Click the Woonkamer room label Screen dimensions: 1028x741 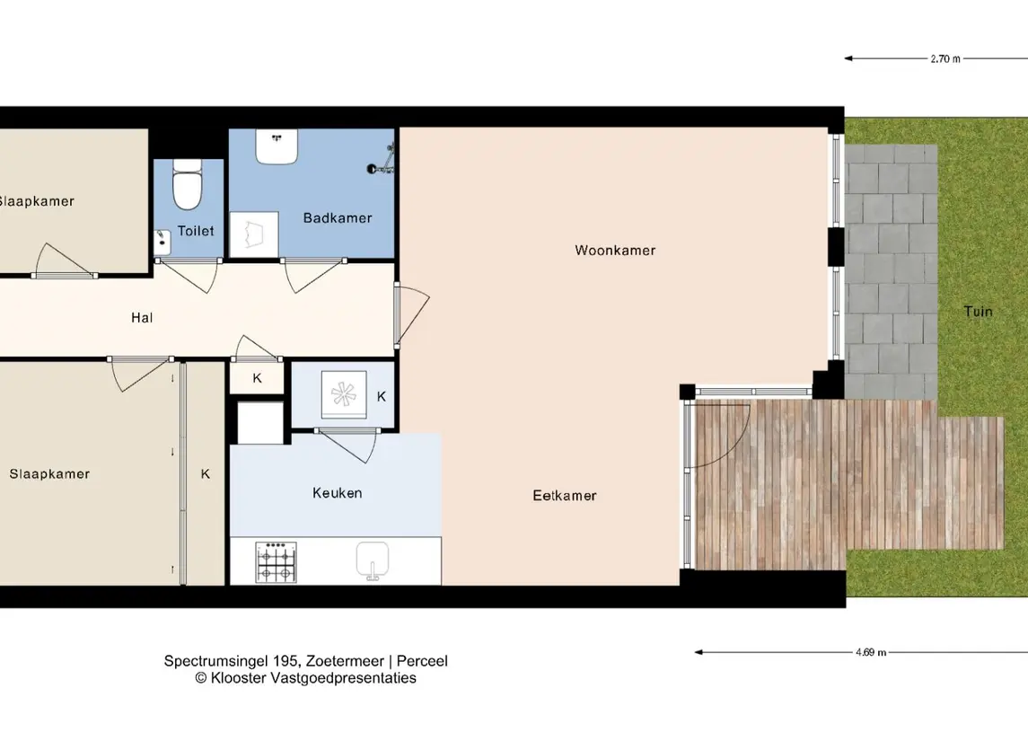click(615, 250)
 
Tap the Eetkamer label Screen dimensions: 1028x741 click(565, 496)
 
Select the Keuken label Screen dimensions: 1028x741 click(337, 493)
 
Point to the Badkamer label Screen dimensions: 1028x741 click(337, 217)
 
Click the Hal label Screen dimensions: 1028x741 click(142, 318)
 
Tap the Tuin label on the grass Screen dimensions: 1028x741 click(979, 312)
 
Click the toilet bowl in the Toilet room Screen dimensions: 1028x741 click(187, 184)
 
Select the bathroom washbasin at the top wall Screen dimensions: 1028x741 click(277, 146)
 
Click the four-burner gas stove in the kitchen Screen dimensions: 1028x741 click(276, 562)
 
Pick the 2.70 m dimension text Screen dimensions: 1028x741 click(945, 58)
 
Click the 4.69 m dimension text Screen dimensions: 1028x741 click(871, 652)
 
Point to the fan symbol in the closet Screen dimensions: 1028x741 click(344, 395)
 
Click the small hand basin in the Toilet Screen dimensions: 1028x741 click(162, 242)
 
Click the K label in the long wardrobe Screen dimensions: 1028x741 click(206, 473)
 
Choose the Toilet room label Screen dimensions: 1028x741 click(196, 231)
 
